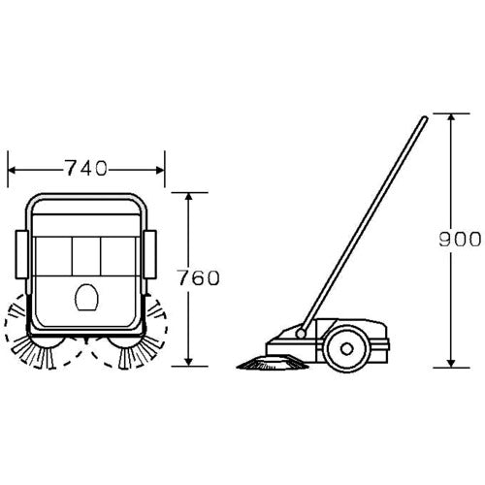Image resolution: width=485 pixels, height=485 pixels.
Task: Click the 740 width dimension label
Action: click(x=86, y=168)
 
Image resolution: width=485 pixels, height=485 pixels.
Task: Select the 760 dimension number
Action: click(x=199, y=278)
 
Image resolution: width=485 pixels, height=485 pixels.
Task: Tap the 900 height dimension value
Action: click(x=460, y=240)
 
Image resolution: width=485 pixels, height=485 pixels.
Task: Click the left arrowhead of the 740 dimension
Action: click(x=12, y=170)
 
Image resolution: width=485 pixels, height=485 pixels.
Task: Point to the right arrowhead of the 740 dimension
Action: click(x=161, y=170)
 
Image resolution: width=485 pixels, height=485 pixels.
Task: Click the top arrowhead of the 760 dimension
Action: click(x=189, y=197)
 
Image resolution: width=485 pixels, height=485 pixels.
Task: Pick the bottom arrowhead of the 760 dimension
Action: click(x=189, y=362)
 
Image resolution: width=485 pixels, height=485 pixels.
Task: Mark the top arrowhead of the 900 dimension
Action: click(x=451, y=117)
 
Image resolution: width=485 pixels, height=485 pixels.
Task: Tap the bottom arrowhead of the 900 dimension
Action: click(x=451, y=364)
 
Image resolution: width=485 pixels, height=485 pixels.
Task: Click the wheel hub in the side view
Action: click(x=346, y=349)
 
